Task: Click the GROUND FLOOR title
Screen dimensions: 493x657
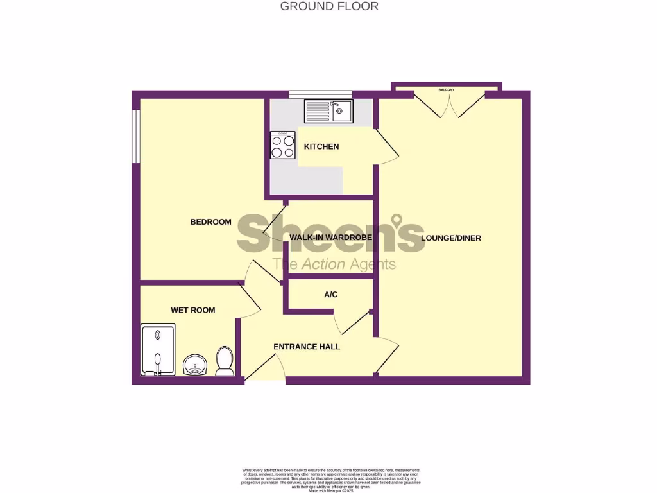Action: pyautogui.click(x=329, y=6)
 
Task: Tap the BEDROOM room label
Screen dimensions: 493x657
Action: pyautogui.click(x=210, y=222)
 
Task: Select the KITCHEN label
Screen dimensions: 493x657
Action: pyautogui.click(x=321, y=146)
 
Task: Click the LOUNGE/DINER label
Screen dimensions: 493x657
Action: pyautogui.click(x=450, y=238)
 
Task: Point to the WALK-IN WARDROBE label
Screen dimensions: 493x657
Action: pyautogui.click(x=330, y=238)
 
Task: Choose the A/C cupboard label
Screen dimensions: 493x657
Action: pyautogui.click(x=330, y=295)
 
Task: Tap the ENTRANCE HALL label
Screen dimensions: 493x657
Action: pyautogui.click(x=307, y=347)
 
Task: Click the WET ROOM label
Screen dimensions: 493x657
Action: pyautogui.click(x=192, y=310)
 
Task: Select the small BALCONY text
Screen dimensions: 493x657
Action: pyautogui.click(x=447, y=90)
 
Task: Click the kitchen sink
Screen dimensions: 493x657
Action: pyautogui.click(x=328, y=111)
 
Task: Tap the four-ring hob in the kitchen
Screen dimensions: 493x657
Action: pyautogui.click(x=283, y=145)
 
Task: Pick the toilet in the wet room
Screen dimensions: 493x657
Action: pyautogui.click(x=225, y=361)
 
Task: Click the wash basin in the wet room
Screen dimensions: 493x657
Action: pyautogui.click(x=194, y=365)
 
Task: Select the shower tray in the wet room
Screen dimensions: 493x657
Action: pyautogui.click(x=158, y=350)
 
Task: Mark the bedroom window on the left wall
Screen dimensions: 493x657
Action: pyautogui.click(x=136, y=137)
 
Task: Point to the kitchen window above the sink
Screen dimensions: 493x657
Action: pyautogui.click(x=320, y=94)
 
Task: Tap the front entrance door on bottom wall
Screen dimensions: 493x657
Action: pyautogui.click(x=264, y=368)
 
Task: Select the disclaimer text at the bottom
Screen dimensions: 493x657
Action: pyautogui.click(x=328, y=480)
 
